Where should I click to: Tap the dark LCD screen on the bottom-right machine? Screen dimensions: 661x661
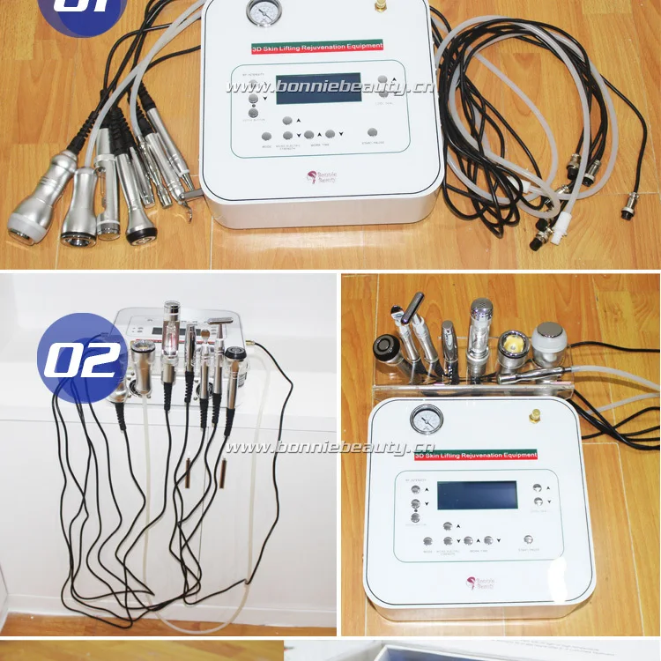point(477,495)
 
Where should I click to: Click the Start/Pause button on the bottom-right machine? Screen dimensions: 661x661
point(529,539)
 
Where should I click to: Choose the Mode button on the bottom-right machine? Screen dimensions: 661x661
point(427,541)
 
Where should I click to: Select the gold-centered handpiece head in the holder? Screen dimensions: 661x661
point(511,345)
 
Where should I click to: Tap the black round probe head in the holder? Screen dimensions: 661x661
point(387,345)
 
